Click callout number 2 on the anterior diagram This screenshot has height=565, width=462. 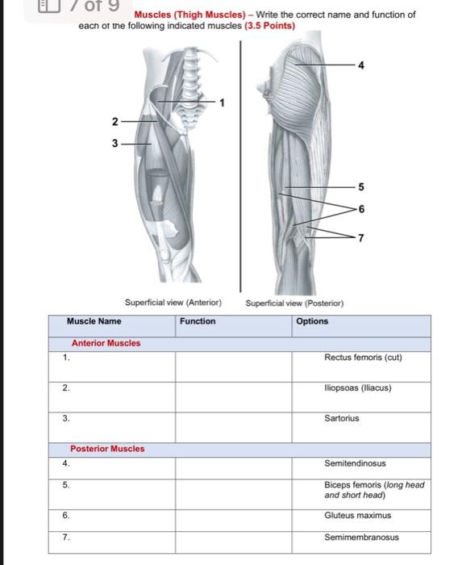click(x=114, y=122)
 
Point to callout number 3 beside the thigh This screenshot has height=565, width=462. click(x=114, y=144)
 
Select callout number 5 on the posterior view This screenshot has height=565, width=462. click(x=360, y=187)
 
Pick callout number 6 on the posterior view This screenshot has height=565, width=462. click(x=360, y=208)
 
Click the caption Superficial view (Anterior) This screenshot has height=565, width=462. click(x=173, y=303)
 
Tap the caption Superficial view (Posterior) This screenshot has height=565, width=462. click(x=294, y=303)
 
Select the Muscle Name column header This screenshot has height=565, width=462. click(x=94, y=321)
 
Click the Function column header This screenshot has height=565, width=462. click(x=198, y=321)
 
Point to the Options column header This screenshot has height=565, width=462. click(x=312, y=321)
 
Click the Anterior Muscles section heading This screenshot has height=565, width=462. click(x=106, y=343)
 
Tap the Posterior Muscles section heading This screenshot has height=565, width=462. click(x=107, y=449)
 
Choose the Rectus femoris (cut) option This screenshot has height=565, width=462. click(x=362, y=358)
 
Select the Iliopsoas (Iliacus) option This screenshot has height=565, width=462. click(x=357, y=388)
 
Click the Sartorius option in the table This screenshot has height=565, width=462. click(x=342, y=419)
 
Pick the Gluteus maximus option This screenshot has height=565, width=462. click(x=357, y=515)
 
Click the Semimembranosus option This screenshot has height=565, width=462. click(x=361, y=537)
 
